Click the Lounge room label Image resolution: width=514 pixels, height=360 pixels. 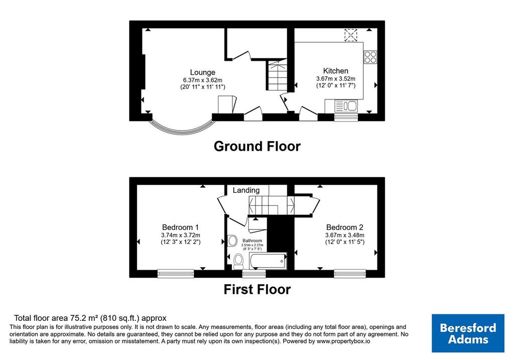tap(203, 72)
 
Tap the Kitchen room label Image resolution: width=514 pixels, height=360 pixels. tap(336, 71)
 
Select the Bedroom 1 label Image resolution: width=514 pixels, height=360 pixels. tap(180, 227)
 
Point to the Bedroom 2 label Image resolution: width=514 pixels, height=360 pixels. tap(344, 227)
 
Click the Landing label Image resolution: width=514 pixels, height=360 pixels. tap(246, 190)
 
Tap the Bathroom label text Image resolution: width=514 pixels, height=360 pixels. tap(252, 241)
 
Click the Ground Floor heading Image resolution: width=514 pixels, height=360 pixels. tap(257, 146)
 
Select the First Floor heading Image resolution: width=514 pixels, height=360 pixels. tap(257, 290)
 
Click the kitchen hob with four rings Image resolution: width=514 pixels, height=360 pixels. tap(370, 57)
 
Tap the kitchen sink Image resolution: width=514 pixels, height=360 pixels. tap(346, 106)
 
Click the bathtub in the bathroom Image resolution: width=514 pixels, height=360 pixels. tap(268, 261)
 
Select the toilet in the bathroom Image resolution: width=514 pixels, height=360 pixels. tap(238, 262)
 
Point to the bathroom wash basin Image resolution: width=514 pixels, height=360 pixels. tap(232, 241)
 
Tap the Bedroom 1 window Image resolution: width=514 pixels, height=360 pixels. tap(176, 274)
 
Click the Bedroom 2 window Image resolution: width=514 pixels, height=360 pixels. tap(350, 274)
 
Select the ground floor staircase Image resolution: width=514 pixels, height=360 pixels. tap(277, 75)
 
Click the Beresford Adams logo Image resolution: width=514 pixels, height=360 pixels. tap(468, 333)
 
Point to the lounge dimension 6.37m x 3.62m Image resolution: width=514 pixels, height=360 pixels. tap(203, 80)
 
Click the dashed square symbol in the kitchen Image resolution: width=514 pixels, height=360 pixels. tap(350, 35)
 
